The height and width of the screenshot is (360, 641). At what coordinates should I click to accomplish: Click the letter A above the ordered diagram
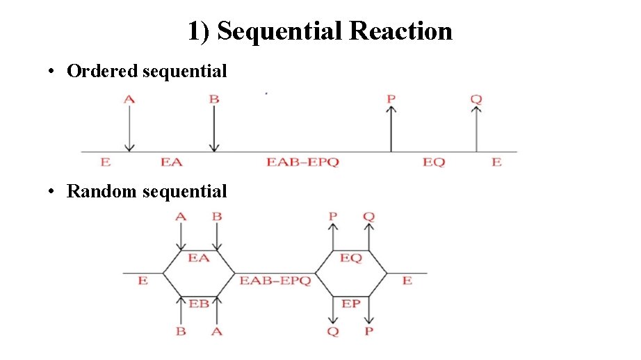coord(129,99)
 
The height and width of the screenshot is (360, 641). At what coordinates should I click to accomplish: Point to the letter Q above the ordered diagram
coord(476,99)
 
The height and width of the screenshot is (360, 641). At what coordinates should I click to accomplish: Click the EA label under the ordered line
coord(171,162)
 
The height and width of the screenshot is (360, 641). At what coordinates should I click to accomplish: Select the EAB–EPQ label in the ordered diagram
coord(302,162)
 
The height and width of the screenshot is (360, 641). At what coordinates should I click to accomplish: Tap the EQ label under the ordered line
coord(433,162)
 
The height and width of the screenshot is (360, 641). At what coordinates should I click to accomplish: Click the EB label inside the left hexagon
coord(199,304)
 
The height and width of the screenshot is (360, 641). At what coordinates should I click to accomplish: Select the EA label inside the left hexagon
coord(199,258)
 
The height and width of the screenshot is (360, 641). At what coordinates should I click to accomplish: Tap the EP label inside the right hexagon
coord(351,304)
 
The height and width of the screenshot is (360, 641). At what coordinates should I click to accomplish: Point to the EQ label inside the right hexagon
coord(351,258)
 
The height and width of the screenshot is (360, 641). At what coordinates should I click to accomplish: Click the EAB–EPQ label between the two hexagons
coord(275,281)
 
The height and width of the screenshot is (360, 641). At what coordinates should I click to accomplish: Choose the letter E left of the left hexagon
coord(143,281)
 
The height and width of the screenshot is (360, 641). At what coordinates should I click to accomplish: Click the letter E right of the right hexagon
coord(407,281)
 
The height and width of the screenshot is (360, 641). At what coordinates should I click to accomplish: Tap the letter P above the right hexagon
coord(333,217)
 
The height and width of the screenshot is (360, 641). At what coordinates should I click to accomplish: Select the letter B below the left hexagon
coord(181,332)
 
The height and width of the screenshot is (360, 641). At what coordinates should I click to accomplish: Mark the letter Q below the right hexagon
coord(333,332)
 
